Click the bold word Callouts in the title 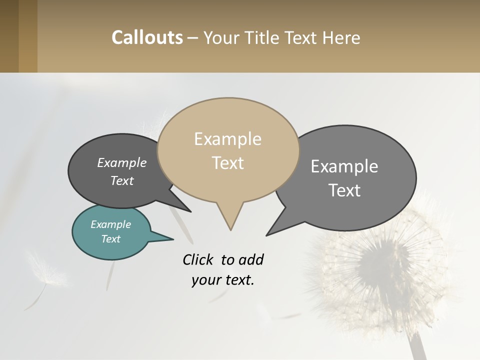pos(147,37)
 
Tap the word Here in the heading pos(341,37)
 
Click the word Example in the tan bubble pos(227,139)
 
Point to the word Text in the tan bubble pos(227,163)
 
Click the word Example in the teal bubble pos(110,224)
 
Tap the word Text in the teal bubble pos(110,239)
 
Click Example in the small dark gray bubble pos(121,163)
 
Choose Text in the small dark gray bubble pos(121,180)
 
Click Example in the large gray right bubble pos(344,166)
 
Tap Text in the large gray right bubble pos(344,190)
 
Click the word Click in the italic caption pos(198,259)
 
